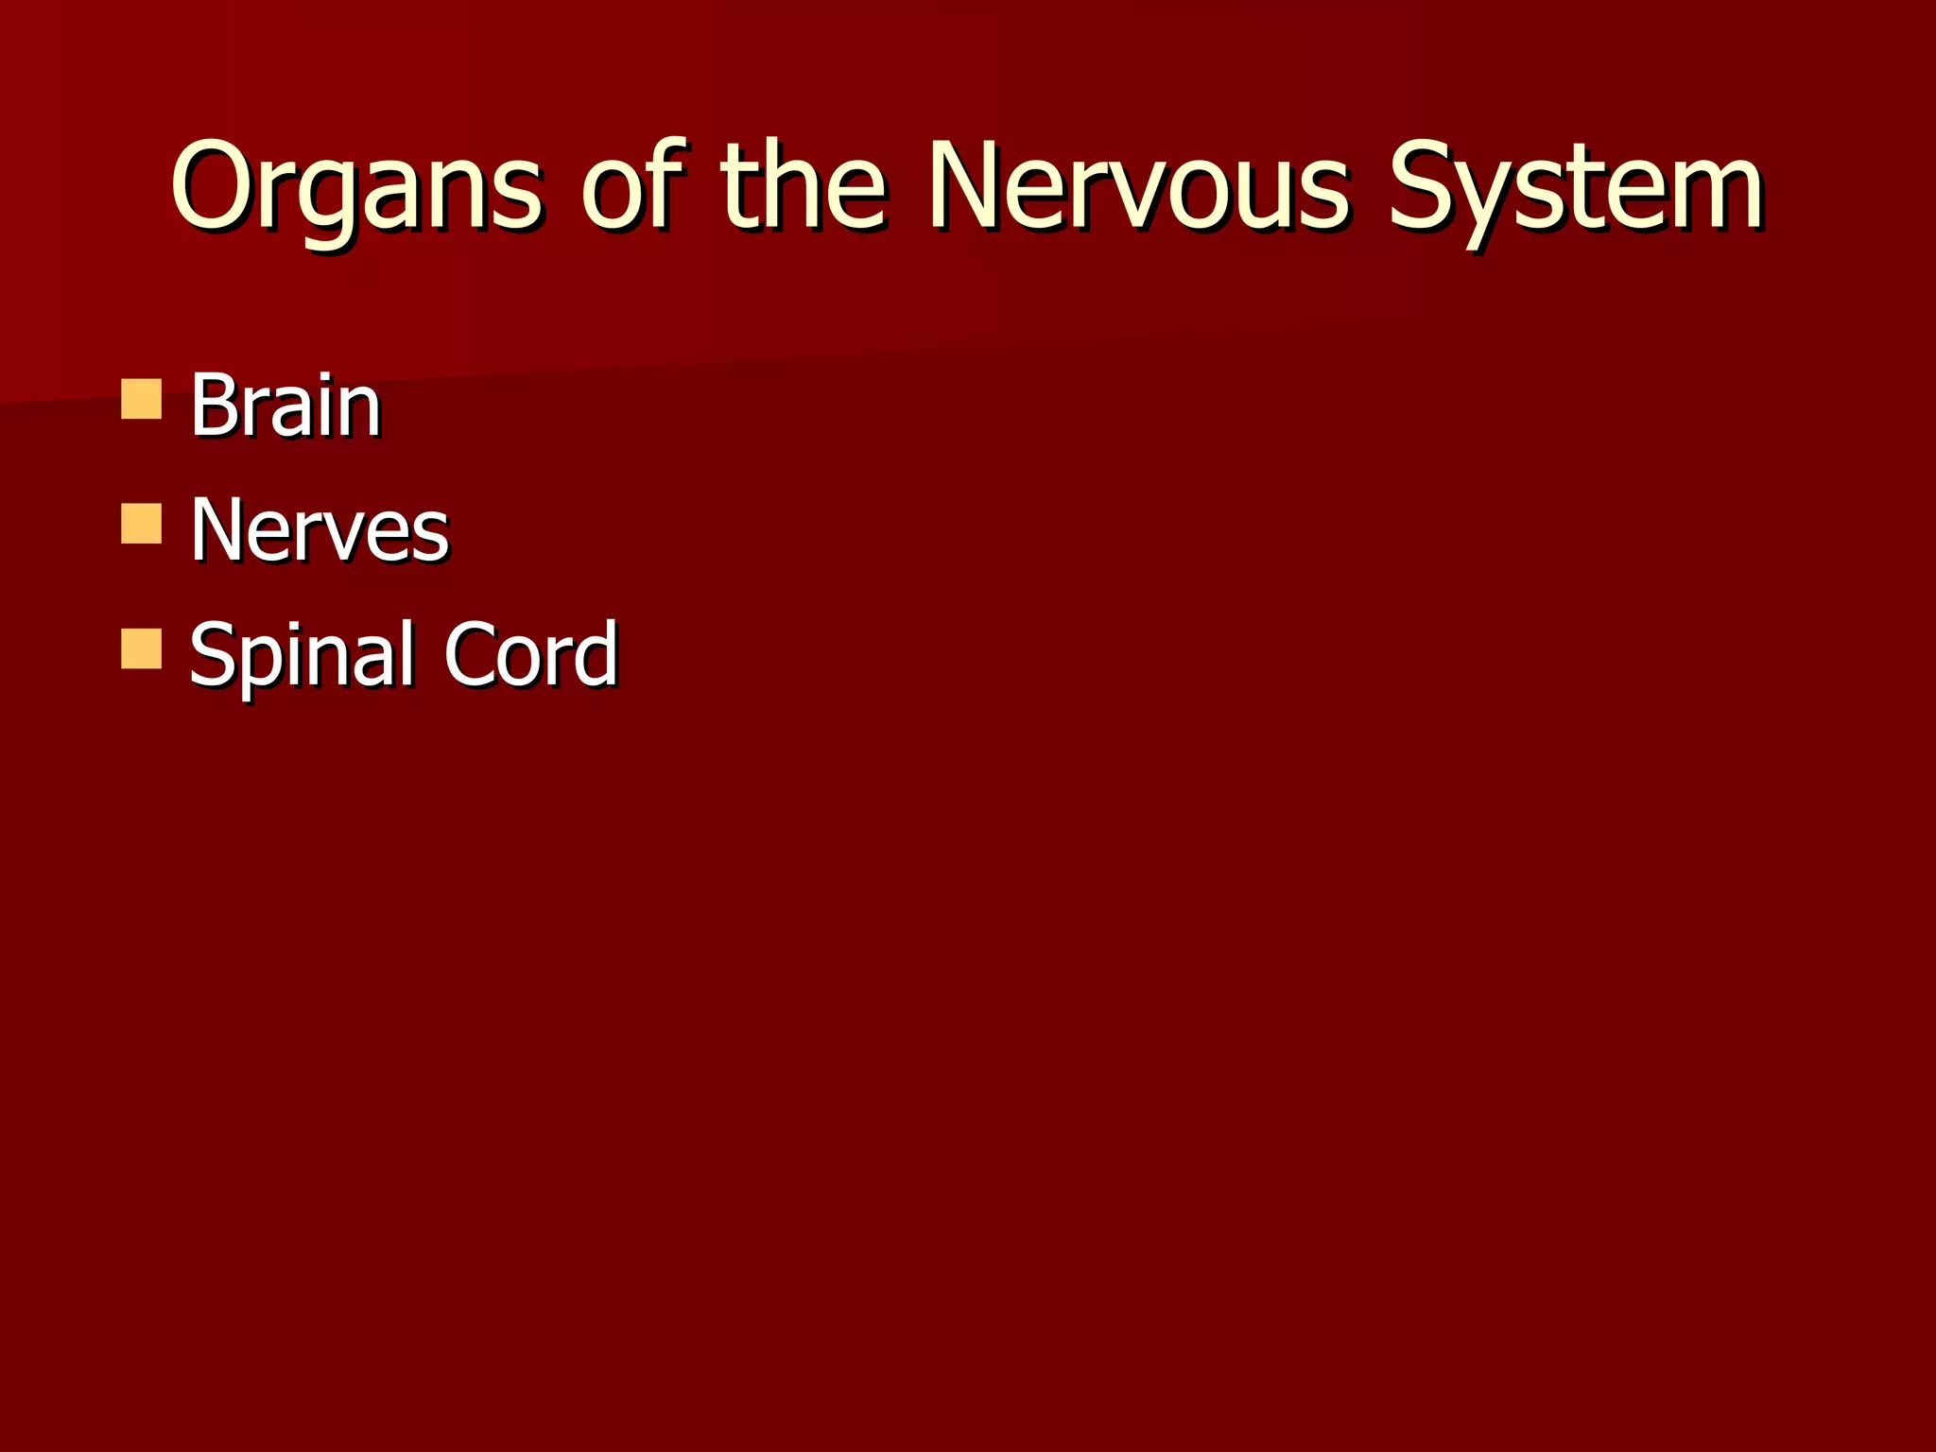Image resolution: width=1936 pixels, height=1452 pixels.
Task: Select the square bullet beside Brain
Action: coord(142,399)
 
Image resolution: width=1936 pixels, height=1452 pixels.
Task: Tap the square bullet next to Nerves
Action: coord(142,524)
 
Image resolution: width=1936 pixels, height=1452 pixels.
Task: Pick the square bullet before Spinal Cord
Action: coord(142,649)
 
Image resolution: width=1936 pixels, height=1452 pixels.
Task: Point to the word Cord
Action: coord(530,654)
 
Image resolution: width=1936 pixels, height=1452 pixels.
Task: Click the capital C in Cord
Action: coord(471,654)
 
